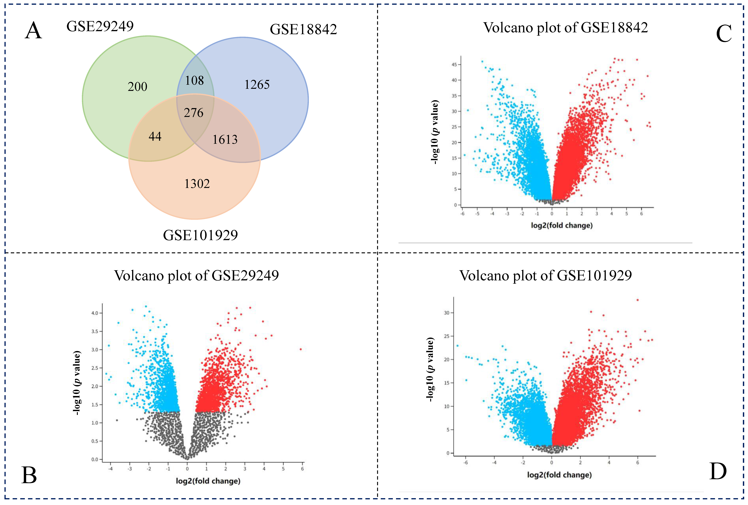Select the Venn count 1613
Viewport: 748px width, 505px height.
(x=225, y=139)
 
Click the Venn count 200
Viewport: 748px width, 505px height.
(x=137, y=87)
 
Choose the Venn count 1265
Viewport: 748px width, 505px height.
(x=257, y=85)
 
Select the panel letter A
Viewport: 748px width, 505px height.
(x=34, y=31)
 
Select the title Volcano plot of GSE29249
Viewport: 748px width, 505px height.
(x=196, y=276)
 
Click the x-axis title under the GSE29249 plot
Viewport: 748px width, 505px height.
(x=208, y=481)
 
